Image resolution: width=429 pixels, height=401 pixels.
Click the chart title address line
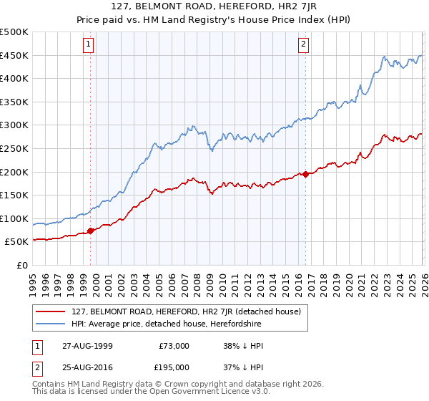[214, 8]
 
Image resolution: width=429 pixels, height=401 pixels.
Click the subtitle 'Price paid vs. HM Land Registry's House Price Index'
[214, 21]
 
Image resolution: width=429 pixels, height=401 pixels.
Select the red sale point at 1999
[91, 231]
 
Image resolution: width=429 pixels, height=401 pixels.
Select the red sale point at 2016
[305, 174]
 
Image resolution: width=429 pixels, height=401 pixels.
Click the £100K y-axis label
[14, 219]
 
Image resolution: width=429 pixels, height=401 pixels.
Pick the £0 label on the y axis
[22, 266]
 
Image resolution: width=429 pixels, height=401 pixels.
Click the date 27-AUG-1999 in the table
[87, 346]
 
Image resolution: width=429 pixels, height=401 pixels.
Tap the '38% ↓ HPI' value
[243, 346]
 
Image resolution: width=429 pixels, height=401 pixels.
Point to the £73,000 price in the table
[174, 346]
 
